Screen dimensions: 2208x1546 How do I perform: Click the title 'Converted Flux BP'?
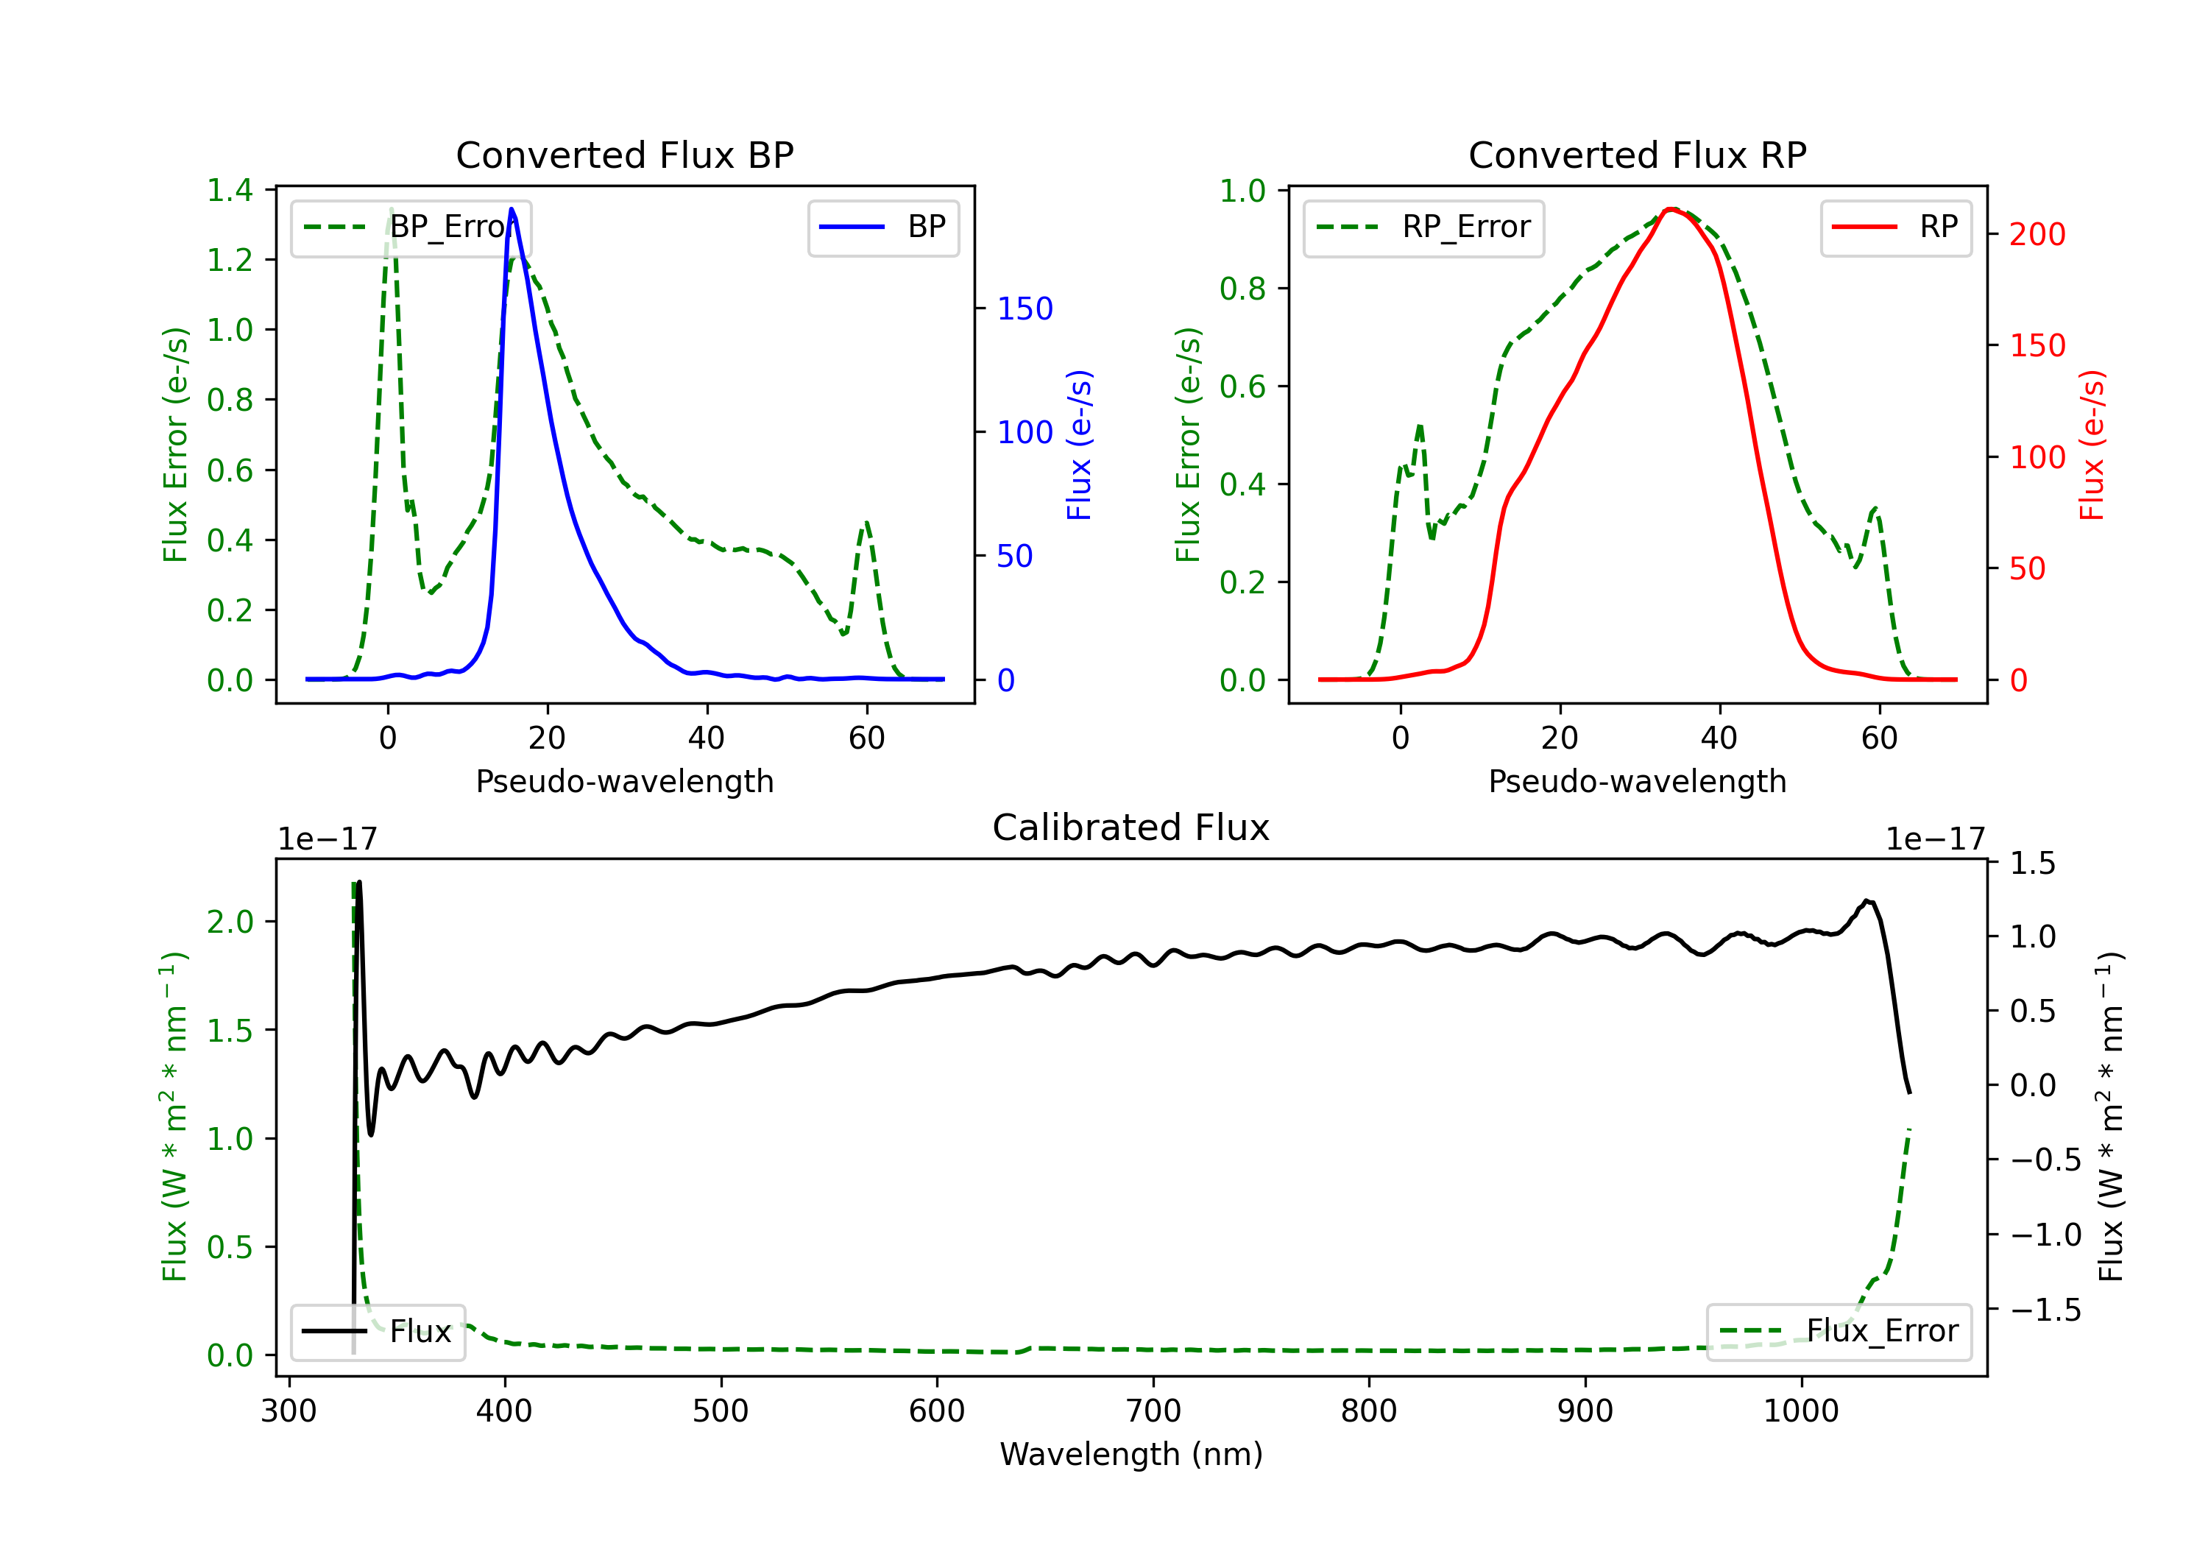(x=624, y=155)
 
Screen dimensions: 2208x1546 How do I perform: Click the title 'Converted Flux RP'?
(x=1637, y=155)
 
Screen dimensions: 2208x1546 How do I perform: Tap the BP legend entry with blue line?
(x=882, y=227)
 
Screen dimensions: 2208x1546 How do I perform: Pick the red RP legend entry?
(x=1895, y=227)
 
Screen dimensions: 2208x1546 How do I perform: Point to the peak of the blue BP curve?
(x=512, y=209)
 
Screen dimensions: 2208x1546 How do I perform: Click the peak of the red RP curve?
(x=1671, y=209)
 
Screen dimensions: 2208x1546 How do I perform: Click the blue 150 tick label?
(x=1025, y=308)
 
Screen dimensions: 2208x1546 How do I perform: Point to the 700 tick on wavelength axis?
(x=1153, y=1411)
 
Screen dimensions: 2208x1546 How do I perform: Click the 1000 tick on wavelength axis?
(x=1800, y=1411)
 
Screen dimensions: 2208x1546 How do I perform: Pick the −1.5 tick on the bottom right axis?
(x=2045, y=1310)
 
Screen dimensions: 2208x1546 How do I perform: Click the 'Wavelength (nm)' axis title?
(x=1131, y=1455)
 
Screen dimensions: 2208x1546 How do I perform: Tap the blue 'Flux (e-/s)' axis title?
(x=1079, y=445)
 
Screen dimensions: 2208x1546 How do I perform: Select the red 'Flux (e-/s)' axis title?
(x=2092, y=445)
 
